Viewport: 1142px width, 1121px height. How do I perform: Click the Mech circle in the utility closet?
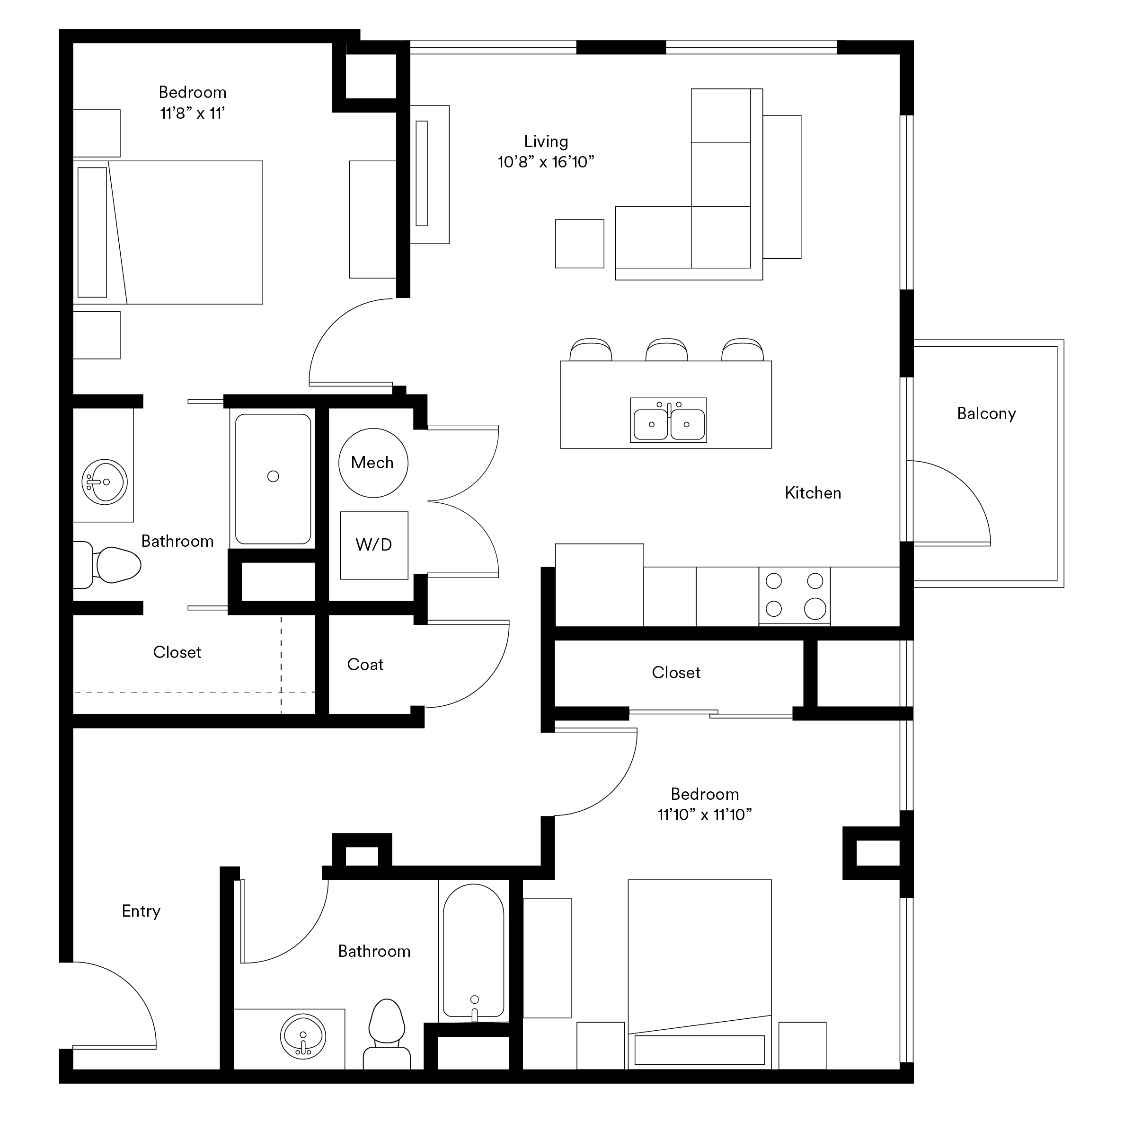(x=373, y=463)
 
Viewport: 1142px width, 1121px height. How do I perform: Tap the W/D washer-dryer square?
(x=374, y=545)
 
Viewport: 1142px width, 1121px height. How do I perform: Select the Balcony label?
(x=986, y=414)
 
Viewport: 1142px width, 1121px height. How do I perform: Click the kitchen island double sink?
(x=668, y=420)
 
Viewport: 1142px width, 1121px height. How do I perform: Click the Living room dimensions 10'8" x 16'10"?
(x=546, y=162)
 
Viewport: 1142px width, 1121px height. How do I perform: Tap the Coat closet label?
(x=365, y=665)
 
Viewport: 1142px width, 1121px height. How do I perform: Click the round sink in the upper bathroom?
(x=105, y=482)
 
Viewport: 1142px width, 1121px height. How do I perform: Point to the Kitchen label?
(x=813, y=493)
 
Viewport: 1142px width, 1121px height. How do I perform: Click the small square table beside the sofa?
(x=580, y=244)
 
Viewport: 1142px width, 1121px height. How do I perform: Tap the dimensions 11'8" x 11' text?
(x=193, y=113)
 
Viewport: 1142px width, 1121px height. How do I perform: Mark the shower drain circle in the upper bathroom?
(x=273, y=476)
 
